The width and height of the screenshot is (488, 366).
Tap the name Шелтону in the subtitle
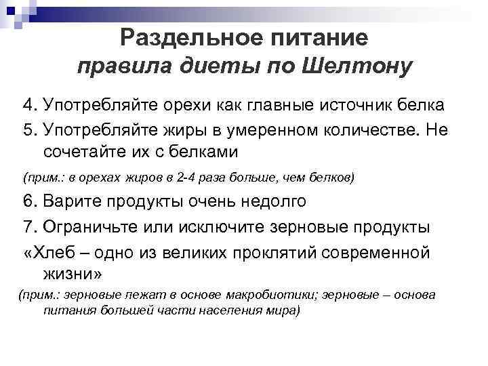pyautogui.click(x=354, y=67)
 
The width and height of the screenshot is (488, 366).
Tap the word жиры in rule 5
pyautogui.click(x=180, y=129)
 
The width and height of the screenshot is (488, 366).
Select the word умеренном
pyautogui.click(x=271, y=129)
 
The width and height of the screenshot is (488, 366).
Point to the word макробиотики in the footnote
pyautogui.click(x=268, y=296)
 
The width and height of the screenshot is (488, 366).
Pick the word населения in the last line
pyautogui.click(x=218, y=311)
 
